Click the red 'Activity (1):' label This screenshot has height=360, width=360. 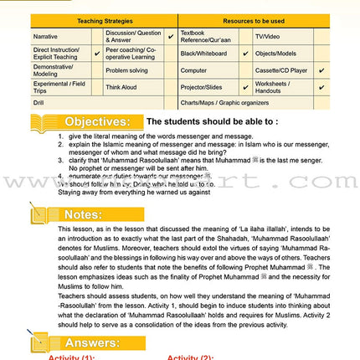point(71,357)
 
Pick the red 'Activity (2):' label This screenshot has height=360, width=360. point(195,357)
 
